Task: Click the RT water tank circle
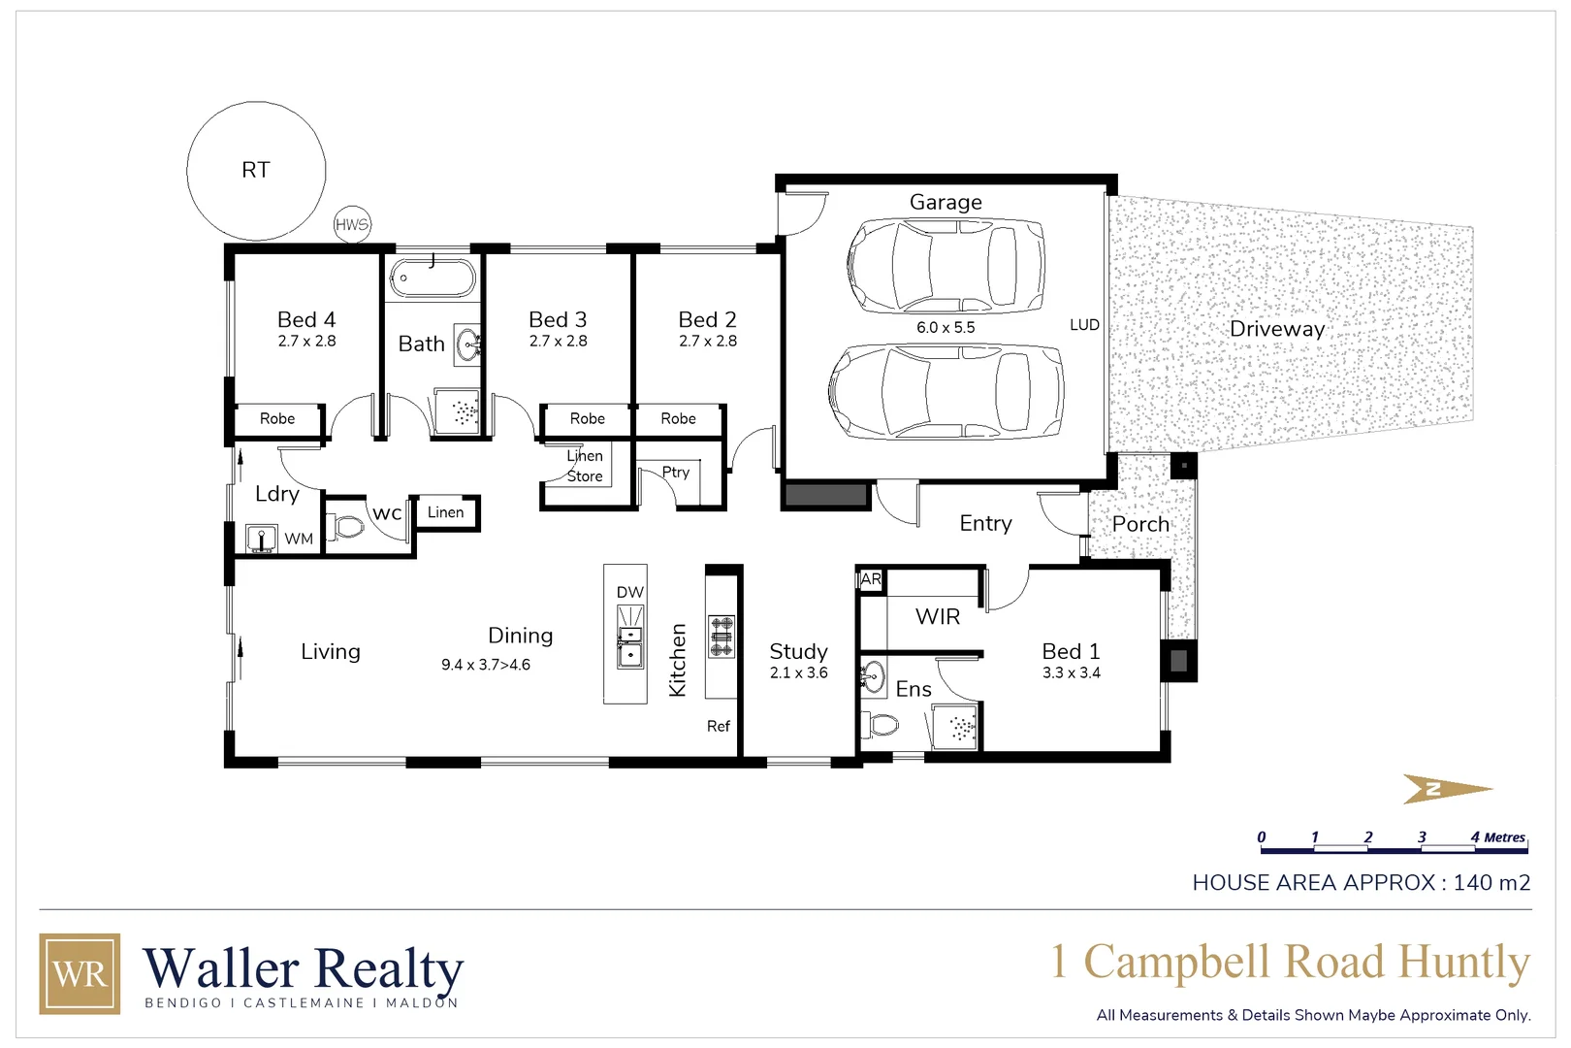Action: point(256,171)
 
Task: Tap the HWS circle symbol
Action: point(352,224)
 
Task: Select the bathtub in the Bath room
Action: point(433,278)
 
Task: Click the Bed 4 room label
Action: point(306,319)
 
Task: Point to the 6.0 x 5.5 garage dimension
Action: point(946,327)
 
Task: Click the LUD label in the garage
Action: point(1084,325)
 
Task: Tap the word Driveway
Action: point(1276,329)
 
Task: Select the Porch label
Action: point(1140,524)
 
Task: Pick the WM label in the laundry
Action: point(299,539)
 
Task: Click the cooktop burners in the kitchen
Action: point(721,637)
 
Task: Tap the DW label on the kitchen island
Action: point(629,592)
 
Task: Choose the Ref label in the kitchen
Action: point(718,726)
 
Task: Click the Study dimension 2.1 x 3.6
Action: point(798,672)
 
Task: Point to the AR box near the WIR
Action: point(871,579)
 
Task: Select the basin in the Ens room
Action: point(873,676)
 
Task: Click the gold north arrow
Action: point(1446,789)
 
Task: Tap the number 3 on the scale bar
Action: point(1422,836)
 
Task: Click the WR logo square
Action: point(80,973)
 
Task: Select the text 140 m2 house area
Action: point(1491,882)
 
